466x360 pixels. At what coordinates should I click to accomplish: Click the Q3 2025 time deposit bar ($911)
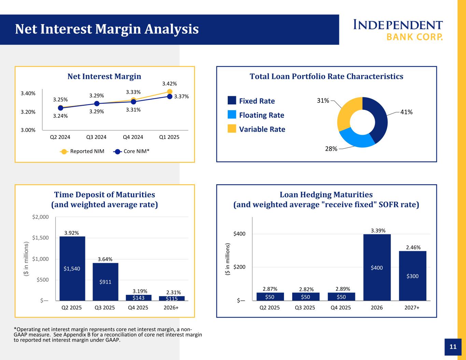[105, 282]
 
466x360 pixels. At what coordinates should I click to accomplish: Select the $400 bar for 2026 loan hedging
[377, 267]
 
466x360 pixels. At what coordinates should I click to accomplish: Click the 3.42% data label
[169, 84]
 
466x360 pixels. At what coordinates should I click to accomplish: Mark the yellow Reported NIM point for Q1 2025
[170, 91]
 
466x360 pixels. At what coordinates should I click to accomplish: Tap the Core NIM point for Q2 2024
[60, 108]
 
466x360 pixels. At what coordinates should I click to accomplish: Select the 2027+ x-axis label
[412, 307]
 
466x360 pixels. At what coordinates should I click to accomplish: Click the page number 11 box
[453, 347]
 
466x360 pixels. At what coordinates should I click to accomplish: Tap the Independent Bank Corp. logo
[398, 30]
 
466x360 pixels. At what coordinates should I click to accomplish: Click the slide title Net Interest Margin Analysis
[107, 29]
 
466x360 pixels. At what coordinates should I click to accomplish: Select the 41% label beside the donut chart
[407, 112]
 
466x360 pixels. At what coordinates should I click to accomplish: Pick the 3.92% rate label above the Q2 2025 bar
[72, 233]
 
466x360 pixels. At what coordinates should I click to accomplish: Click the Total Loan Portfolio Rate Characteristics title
[326, 76]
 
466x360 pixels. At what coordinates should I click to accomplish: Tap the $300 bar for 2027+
[412, 276]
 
